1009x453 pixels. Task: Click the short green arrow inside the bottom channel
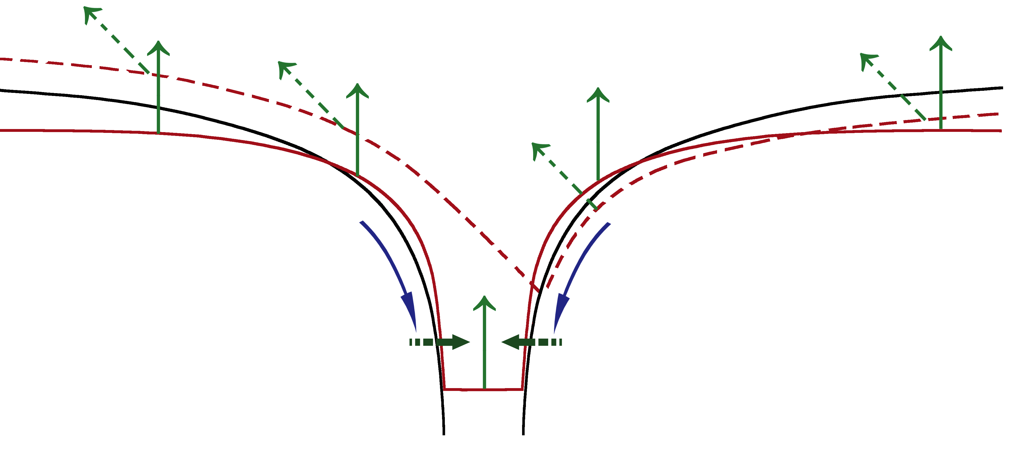pos(485,341)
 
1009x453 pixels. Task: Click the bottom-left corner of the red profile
pos(444,389)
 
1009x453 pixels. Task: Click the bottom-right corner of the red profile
pos(523,389)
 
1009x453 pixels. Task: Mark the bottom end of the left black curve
pos(444,434)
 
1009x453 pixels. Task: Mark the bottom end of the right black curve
pos(523,434)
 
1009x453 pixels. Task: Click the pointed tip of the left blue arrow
pos(416,331)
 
